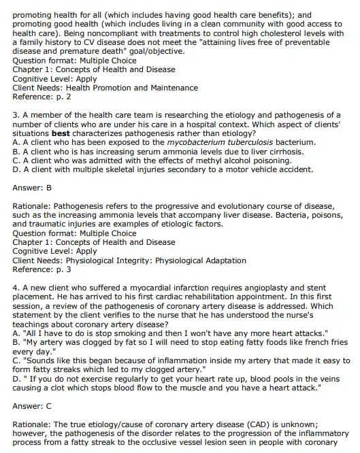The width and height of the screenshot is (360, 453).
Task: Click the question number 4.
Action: (x=16, y=288)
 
